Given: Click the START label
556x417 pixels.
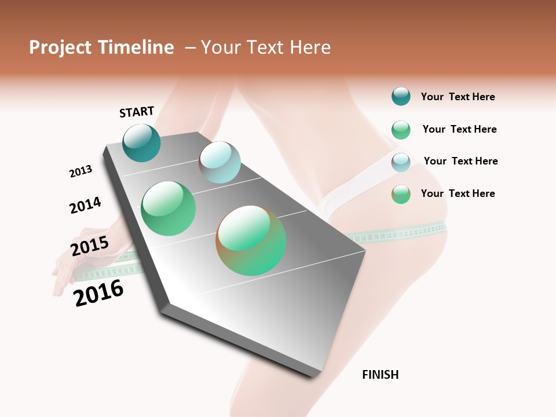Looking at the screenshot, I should [x=137, y=112].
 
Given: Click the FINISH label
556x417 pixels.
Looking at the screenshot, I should [x=380, y=375].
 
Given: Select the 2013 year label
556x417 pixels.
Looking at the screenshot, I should [x=81, y=171].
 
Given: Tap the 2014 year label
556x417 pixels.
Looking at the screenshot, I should [x=85, y=205].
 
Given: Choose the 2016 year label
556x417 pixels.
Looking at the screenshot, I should [x=98, y=293].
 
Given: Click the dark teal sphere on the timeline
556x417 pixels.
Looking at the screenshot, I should [x=141, y=143].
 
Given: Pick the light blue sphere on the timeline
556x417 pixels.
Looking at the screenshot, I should [x=220, y=162].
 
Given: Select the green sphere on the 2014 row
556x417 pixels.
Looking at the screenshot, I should [x=168, y=209].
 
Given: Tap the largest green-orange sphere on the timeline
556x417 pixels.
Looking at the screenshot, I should [x=251, y=240].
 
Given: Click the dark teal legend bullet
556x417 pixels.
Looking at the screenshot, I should [x=401, y=97].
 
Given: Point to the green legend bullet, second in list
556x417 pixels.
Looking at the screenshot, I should [x=401, y=130].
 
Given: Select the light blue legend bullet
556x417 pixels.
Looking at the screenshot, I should [x=401, y=162].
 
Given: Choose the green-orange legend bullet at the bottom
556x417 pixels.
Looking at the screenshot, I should [x=401, y=194].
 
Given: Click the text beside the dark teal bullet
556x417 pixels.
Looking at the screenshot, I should [x=458, y=97].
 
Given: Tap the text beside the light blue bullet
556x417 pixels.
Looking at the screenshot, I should [x=460, y=161].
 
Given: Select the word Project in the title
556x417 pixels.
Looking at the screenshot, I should [x=60, y=47].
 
